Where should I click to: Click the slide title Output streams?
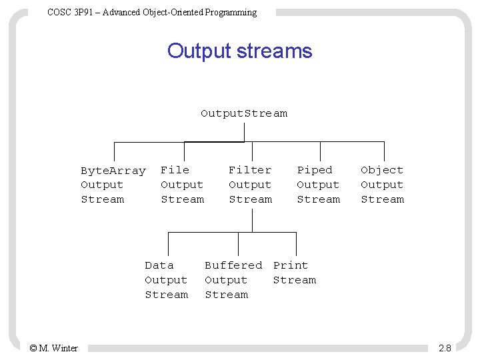239,51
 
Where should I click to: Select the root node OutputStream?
244,113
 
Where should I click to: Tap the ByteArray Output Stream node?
113,185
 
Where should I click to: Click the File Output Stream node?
182,185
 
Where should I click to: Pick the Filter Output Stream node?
250,185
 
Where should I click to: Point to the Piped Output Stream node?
318,185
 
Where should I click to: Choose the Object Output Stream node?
382,185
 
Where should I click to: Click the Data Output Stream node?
166,280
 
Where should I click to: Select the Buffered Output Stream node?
233,280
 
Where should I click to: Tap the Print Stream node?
294,273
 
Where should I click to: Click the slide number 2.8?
445,348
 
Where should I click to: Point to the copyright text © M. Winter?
54,348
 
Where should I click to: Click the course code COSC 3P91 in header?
70,12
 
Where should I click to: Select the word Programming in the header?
232,12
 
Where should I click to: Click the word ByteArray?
113,171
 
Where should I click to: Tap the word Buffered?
233,265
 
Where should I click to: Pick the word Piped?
314,170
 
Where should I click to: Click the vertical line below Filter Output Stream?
251,220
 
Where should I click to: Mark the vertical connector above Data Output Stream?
168,243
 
